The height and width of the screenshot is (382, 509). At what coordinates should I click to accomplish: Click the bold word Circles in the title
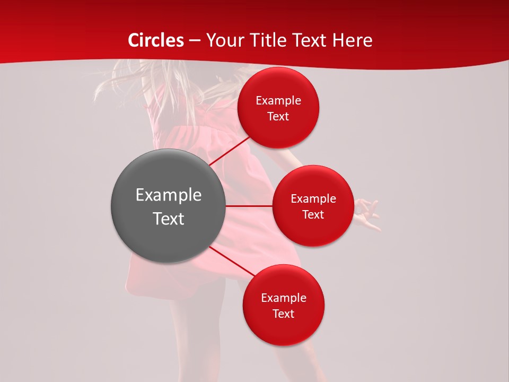(156, 40)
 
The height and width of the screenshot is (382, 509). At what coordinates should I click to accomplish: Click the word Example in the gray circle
(169, 195)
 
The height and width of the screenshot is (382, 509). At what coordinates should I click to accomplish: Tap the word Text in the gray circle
(169, 219)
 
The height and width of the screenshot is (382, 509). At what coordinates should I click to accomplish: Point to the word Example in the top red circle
(278, 101)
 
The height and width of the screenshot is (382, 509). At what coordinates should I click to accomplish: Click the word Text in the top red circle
(278, 117)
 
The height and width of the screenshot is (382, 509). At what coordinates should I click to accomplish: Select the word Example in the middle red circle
(313, 199)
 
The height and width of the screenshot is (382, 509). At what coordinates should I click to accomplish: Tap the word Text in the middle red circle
(313, 215)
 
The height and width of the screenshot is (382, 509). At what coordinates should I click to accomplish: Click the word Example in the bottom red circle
(284, 298)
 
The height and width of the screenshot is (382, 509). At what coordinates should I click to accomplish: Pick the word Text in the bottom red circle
(284, 314)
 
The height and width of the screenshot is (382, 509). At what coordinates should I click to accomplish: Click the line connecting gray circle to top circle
(229, 151)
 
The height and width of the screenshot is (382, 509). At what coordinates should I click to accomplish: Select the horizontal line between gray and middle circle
(249, 205)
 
